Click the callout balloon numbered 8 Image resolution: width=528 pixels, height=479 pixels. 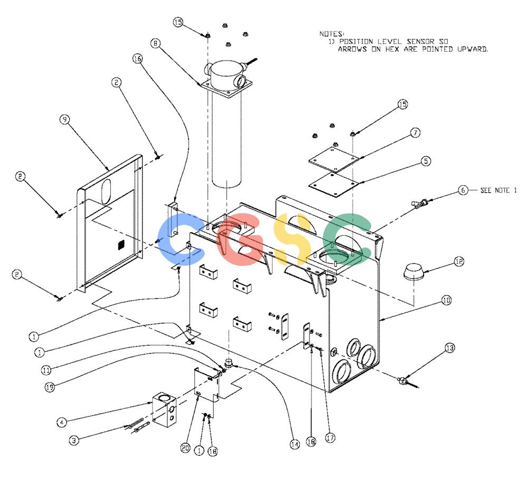coord(155,43)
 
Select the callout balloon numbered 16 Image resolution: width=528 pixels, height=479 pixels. coord(137,59)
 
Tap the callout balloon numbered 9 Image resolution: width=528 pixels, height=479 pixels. coord(64,119)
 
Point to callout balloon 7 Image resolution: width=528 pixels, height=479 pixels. coord(416,133)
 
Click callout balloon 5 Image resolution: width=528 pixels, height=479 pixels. coord(426,161)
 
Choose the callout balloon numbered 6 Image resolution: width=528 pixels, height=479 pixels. coord(463,190)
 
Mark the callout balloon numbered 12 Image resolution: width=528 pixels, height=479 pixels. coord(459,262)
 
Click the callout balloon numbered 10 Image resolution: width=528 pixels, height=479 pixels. coord(446,300)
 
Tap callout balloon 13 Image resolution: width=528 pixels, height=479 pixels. coord(450,348)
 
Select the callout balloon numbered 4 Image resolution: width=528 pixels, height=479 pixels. coord(62,423)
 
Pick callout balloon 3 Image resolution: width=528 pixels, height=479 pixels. coord(74,440)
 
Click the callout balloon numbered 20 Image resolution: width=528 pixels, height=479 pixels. coord(185,448)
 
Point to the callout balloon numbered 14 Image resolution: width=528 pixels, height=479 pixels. coord(295,445)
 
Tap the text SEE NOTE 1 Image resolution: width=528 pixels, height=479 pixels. coord(498,190)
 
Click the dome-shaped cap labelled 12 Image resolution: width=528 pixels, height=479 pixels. coord(414,272)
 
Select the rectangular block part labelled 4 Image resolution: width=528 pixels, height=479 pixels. coord(164,409)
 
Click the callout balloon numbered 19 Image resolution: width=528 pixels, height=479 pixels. coord(50,387)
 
